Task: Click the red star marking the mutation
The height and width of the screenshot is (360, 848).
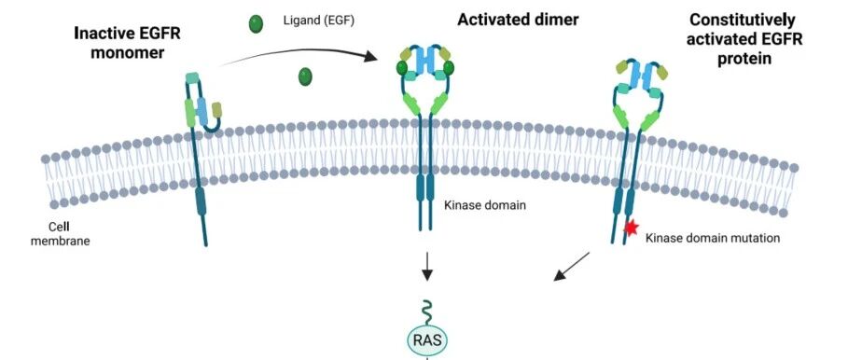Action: pos(631,228)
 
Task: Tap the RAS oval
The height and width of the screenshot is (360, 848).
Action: pos(427,340)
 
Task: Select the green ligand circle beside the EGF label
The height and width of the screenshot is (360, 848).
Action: pos(256,24)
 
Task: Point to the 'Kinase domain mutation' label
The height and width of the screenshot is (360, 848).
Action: pos(713,237)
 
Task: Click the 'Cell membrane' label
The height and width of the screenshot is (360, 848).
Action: pos(60,234)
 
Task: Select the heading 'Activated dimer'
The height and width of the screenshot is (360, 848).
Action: pos(518,20)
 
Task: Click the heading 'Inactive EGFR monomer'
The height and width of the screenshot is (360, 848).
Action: pos(127,43)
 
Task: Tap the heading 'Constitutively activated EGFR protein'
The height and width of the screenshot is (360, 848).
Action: pos(744,39)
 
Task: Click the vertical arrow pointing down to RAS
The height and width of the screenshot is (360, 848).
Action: pos(427,266)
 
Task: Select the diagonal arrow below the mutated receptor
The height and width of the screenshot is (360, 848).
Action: pos(572,267)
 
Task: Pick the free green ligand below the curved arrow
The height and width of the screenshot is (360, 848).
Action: pos(305,76)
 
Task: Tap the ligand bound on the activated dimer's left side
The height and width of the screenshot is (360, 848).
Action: pos(402,68)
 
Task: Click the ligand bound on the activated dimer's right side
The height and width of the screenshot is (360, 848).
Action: pos(449,68)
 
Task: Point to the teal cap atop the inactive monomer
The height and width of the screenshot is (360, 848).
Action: pos(192,77)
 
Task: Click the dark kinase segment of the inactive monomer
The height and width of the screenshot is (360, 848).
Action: pos(201,201)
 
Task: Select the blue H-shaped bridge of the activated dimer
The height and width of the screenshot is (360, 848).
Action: pos(425,61)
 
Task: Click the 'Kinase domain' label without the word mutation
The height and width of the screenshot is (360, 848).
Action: pos(484,205)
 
